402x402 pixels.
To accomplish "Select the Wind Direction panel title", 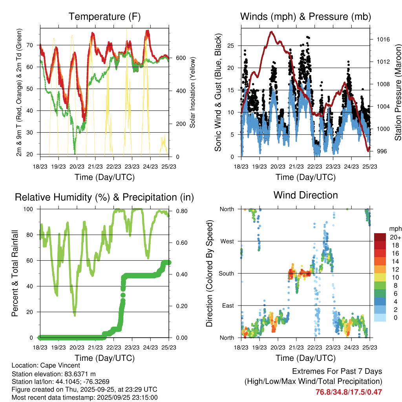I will pos(305,195).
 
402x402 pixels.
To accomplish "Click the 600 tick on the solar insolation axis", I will pos(180,58).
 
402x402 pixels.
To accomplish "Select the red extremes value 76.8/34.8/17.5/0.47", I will pos(349,392).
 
